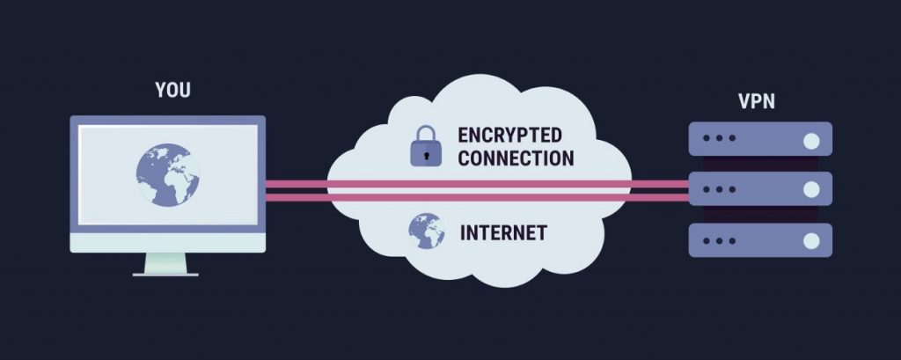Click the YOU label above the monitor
point(172,90)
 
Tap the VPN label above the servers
point(756,100)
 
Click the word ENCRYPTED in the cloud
point(509,136)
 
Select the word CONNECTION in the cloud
point(516,158)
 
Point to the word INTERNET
point(503,233)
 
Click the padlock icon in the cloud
point(425,146)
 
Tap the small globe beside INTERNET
point(425,231)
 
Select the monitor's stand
point(167,263)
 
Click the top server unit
point(758,139)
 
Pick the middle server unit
point(758,188)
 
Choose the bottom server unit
point(758,239)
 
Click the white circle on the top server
point(811,139)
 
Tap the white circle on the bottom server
point(811,239)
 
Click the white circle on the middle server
point(811,188)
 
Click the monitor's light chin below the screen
point(167,242)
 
